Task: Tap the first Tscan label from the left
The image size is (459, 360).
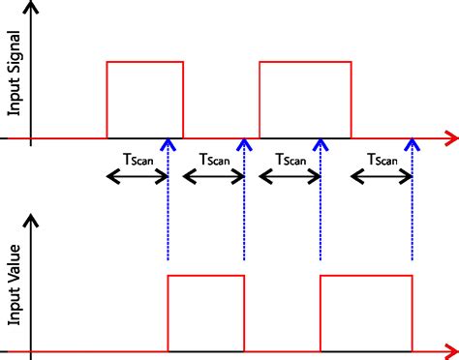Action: pyautogui.click(x=136, y=159)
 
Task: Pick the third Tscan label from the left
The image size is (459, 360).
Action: pyautogui.click(x=291, y=159)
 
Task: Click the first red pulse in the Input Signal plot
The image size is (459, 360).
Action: pyautogui.click(x=144, y=100)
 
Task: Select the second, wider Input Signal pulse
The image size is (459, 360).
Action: pyautogui.click(x=305, y=100)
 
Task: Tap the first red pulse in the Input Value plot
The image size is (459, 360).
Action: pyautogui.click(x=206, y=313)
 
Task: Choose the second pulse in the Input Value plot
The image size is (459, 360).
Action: pyautogui.click(x=366, y=313)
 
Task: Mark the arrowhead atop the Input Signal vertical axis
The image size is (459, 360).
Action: pyautogui.click(x=32, y=10)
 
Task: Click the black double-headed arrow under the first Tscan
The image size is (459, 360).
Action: pyautogui.click(x=137, y=176)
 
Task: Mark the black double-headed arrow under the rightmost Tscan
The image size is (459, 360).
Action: pyautogui.click(x=382, y=176)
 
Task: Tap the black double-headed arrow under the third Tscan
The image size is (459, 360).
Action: pyautogui.click(x=290, y=176)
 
